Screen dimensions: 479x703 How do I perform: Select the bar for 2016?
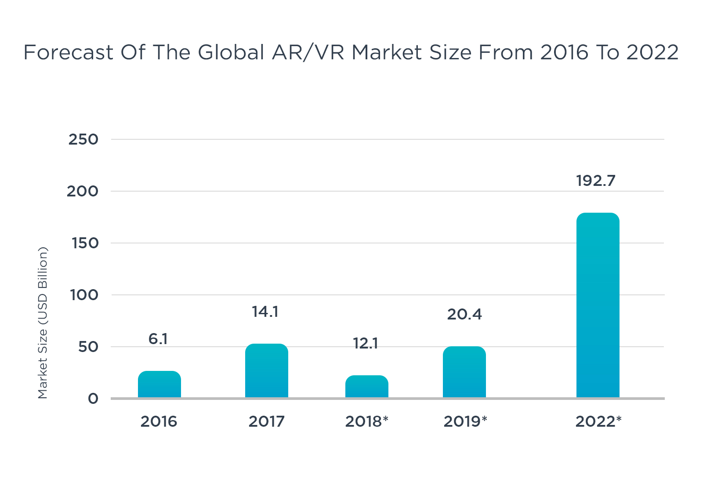(159, 385)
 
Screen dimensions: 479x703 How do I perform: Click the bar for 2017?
(267, 371)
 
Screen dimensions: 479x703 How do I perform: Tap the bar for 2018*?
(367, 387)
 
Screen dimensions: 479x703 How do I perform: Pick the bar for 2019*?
(464, 372)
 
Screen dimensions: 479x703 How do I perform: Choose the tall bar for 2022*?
(598, 305)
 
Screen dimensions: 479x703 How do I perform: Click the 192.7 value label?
(596, 181)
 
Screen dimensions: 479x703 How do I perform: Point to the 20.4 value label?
(464, 314)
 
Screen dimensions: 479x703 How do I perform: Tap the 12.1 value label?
(366, 343)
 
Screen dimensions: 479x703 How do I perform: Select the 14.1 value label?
(265, 312)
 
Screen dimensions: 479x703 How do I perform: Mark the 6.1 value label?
(158, 339)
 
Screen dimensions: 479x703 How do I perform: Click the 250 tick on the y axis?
(83, 139)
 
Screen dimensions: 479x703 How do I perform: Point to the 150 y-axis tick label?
(85, 243)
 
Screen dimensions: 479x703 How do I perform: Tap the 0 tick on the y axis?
(93, 399)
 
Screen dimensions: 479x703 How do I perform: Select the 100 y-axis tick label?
(84, 295)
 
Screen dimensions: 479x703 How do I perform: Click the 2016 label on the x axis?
(159, 421)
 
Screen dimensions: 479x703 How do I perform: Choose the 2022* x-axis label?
(598, 421)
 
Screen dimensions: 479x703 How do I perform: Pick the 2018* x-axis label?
(367, 421)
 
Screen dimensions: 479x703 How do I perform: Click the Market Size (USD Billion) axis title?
(43, 323)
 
